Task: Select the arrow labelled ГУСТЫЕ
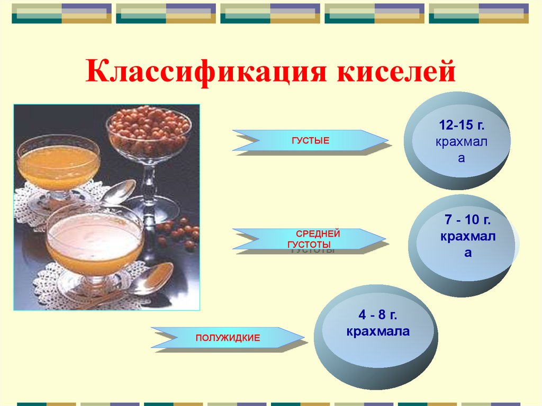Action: (310, 140)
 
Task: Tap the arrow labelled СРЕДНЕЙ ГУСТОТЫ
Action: (309, 239)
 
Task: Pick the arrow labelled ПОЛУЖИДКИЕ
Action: (228, 338)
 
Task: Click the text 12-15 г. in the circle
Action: (462, 125)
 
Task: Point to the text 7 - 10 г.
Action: (467, 220)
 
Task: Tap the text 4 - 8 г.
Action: (378, 315)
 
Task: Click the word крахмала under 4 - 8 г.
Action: (378, 331)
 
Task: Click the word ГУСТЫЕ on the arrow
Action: (310, 141)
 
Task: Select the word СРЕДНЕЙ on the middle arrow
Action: (318, 234)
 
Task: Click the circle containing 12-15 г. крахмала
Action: (457, 141)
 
